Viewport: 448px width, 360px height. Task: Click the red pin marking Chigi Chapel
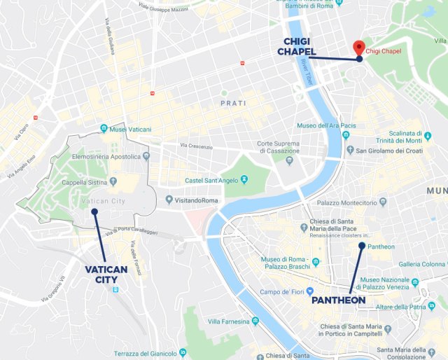(x=358, y=48)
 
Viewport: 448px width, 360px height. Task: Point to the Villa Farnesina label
(x=228, y=321)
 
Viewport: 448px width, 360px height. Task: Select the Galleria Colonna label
(x=422, y=264)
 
